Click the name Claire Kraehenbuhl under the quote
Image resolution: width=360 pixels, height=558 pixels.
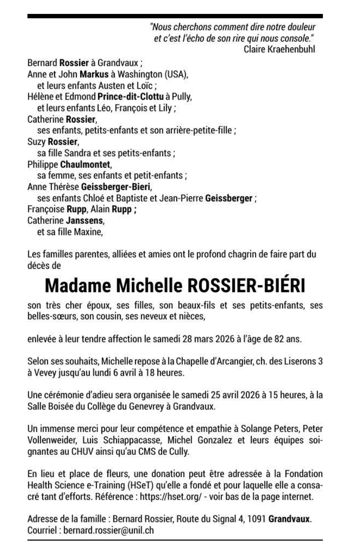pos(279,50)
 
